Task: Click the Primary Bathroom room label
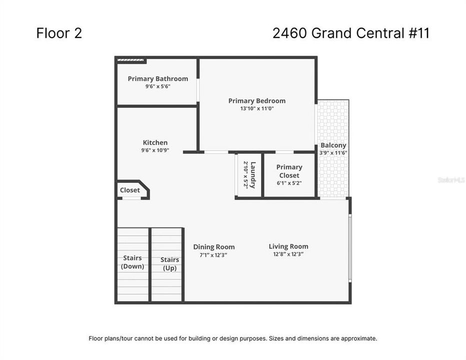tap(157, 78)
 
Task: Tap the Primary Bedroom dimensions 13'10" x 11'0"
tap(256, 108)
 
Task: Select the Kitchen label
tap(155, 142)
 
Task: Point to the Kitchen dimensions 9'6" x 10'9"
tap(155, 150)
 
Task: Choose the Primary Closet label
tap(289, 171)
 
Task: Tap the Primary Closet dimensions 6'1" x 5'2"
tap(289, 183)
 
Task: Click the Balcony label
tap(333, 145)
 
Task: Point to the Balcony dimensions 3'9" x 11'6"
tap(333, 153)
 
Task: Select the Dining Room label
tap(214, 247)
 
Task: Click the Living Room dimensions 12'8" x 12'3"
tap(288, 254)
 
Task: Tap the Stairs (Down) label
tap(132, 262)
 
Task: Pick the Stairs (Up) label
tap(169, 263)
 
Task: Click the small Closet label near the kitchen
tap(130, 190)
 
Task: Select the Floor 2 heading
tap(59, 33)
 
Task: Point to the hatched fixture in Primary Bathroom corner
tap(131, 61)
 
